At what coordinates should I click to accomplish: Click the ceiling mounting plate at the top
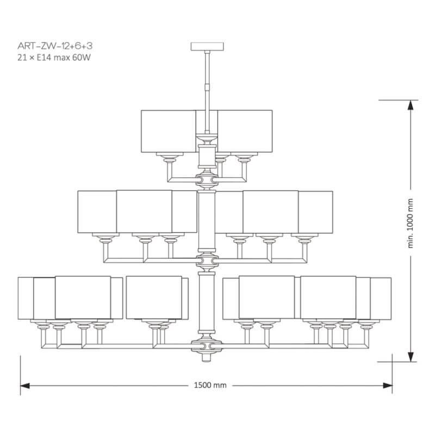click(206, 45)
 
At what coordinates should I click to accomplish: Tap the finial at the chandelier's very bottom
click(206, 357)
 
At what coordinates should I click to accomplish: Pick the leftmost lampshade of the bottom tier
click(26, 298)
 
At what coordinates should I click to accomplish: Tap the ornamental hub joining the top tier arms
click(206, 178)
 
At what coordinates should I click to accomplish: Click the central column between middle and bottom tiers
click(206, 304)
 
